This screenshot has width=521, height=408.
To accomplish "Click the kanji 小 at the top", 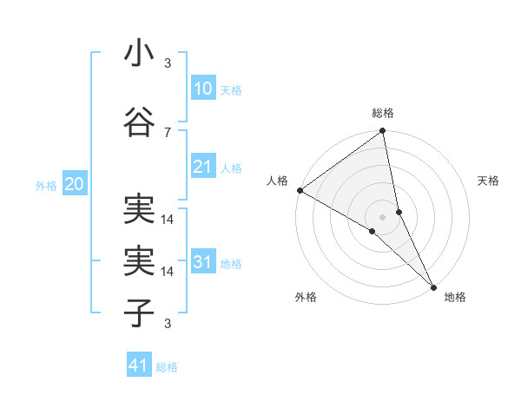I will point(138,54).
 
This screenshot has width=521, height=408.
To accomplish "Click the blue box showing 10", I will point(202,89).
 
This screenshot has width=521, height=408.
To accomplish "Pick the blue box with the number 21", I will point(202,167).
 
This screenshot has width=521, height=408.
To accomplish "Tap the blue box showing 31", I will point(202,262).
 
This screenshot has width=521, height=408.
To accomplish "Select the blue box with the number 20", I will point(74,184).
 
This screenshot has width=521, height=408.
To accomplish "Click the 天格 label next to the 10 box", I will point(231,90).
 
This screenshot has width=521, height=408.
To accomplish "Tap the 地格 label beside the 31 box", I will point(231,264).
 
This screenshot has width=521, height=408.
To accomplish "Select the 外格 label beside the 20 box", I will point(46,186).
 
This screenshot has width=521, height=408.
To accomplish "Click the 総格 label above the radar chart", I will point(383,113).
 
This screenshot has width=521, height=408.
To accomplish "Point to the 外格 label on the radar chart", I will point(306,297).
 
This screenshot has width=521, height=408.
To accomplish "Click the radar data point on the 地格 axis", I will point(432,286).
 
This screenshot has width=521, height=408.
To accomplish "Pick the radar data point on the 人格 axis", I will point(300,190).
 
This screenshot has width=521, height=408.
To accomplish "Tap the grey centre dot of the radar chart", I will point(382,215).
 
